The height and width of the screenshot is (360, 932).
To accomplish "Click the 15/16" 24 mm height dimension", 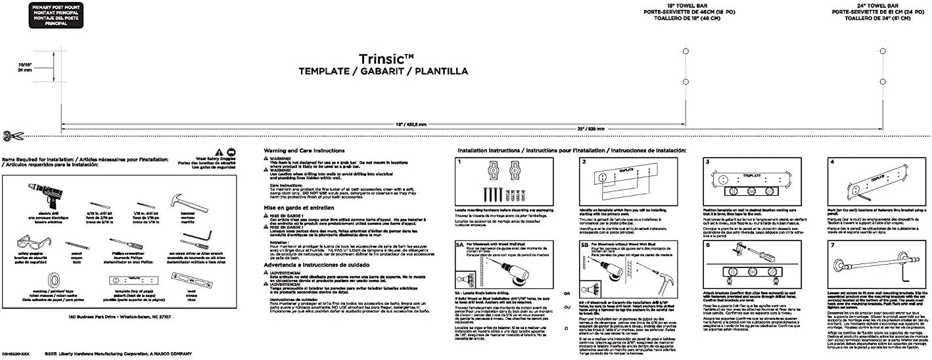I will click(25, 66).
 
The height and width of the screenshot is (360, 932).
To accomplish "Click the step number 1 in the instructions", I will click(460, 162).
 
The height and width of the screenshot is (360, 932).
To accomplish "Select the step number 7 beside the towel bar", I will click(832, 245).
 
